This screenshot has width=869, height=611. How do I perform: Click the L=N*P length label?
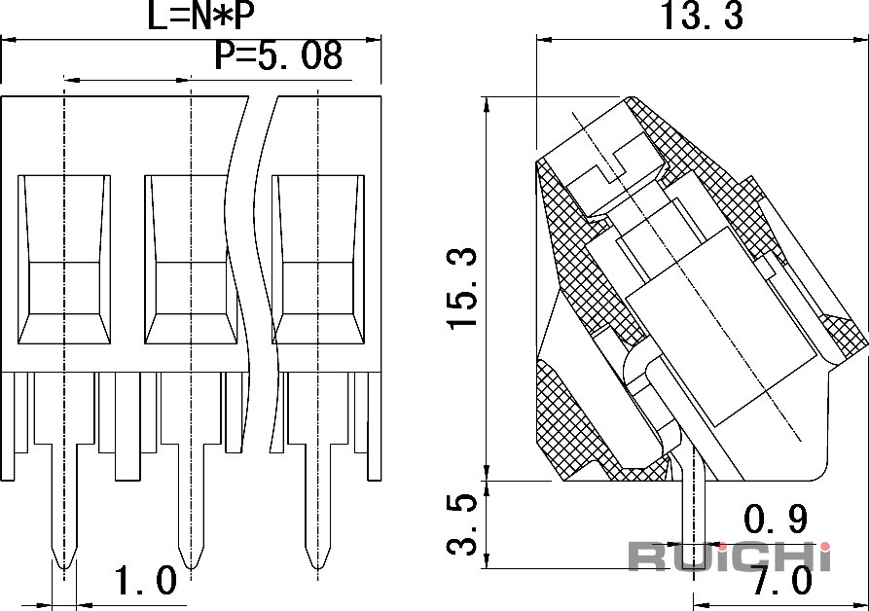click(x=200, y=16)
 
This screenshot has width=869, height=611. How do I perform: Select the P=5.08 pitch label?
click(x=278, y=55)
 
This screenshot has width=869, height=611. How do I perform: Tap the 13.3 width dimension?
click(x=702, y=16)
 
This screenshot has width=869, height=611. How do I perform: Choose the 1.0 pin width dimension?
click(x=145, y=581)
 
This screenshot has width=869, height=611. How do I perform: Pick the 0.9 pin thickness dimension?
click(x=776, y=519)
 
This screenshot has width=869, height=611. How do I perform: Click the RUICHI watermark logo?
click(x=729, y=556)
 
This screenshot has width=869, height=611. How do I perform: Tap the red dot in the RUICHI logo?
click(x=826, y=547)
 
